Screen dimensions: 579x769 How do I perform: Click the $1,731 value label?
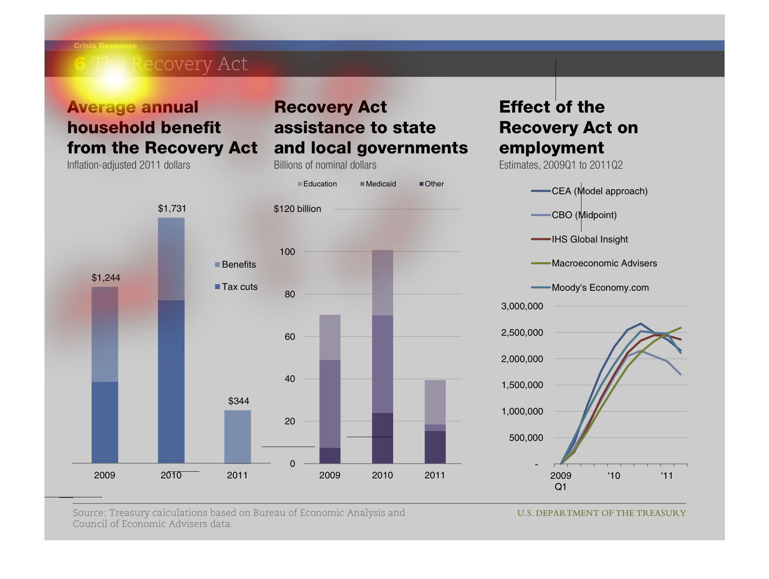point(172,209)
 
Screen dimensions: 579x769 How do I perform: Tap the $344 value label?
point(239,401)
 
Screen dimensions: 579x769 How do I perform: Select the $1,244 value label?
point(106,278)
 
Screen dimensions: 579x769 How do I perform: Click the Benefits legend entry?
point(236,264)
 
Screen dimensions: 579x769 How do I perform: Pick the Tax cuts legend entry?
point(237,287)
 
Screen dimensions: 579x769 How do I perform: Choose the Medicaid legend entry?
point(378,184)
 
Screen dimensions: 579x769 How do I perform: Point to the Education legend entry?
point(317,184)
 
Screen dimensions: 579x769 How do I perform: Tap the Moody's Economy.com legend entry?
point(590,287)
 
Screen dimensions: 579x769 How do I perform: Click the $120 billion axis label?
point(298,209)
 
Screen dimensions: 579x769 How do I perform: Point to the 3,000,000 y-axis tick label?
point(522,306)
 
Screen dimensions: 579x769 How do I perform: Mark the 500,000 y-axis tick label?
point(526,438)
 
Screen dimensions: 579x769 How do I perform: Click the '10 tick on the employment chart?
point(614,476)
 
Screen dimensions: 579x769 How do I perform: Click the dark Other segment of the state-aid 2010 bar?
point(382,438)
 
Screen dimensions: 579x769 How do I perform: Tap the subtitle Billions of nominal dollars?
point(325,165)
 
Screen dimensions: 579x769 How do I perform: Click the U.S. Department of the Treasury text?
point(601,513)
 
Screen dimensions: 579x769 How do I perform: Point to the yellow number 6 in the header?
point(80,64)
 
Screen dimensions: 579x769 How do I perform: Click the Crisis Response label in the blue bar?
point(105,46)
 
